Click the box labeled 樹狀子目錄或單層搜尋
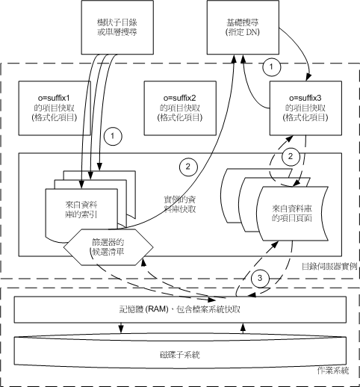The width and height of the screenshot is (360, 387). pos(117,27)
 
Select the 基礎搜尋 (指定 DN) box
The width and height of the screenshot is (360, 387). pos(243,27)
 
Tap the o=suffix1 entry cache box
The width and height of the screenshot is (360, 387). pos(55,108)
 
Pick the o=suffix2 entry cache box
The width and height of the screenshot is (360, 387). pos(180,108)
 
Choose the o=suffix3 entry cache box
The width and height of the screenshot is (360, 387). pos(305,108)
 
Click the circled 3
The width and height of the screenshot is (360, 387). pos(260,278)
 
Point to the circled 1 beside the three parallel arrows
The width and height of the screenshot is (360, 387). pos(113,136)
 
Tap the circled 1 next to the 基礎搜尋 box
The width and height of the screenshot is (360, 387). pos(271,66)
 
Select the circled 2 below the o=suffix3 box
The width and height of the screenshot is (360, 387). pos(291,157)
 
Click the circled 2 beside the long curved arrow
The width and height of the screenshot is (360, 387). pos(188,167)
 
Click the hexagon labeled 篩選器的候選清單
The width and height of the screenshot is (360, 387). pos(108,247)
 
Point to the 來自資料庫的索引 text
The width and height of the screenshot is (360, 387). pos(81,209)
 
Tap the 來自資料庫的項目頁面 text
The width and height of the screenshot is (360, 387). pos(292,213)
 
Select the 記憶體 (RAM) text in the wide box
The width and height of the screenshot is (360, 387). pos(144,309)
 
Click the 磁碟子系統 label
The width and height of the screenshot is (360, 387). pos(180,355)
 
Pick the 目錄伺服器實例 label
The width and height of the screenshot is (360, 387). pos(329,267)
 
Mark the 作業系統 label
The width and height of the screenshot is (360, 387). pos(333,371)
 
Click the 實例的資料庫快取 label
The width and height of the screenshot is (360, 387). pos(180,204)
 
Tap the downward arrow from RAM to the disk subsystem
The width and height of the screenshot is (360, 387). pos(121,328)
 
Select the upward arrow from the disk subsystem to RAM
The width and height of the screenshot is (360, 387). pos(243,328)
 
